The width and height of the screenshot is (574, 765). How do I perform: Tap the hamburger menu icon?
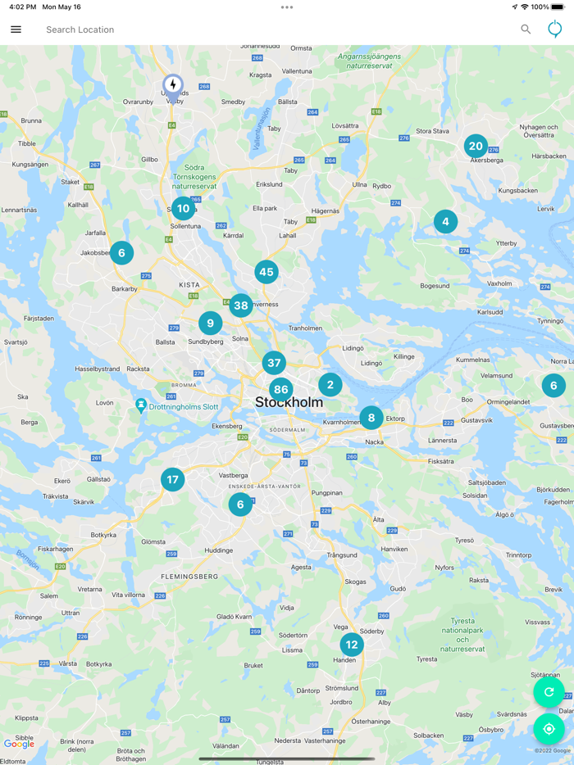coord(16,29)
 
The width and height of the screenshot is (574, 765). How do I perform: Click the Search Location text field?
coord(246,29)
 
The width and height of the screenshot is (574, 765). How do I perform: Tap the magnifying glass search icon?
coord(526,29)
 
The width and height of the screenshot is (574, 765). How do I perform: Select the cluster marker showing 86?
coord(281,390)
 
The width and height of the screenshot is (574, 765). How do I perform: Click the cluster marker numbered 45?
coord(266,272)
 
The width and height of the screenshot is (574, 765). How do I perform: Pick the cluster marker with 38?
coord(240,306)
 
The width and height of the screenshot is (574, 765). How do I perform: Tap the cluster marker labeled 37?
coord(274,362)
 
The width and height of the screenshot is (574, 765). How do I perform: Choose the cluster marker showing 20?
coord(476,146)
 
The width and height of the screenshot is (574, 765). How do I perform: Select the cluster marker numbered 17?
coord(172,479)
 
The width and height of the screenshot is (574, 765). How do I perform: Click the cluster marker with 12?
coord(352,645)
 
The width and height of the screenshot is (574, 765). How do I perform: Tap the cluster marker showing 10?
coord(183,208)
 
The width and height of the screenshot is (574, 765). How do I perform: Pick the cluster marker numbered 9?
coord(210,323)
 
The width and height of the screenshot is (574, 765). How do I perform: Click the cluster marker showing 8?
coord(371,418)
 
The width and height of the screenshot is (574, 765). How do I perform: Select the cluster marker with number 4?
coord(445,221)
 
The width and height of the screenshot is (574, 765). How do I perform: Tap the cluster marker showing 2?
coord(330,384)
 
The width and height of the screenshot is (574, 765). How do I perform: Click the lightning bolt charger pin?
coord(173,85)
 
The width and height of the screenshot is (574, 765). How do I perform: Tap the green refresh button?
coord(549,692)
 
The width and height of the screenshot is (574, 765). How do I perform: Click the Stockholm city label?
coord(289,403)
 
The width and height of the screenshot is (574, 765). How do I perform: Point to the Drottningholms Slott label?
coord(184,407)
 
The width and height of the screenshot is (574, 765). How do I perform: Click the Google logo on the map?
coord(20,744)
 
